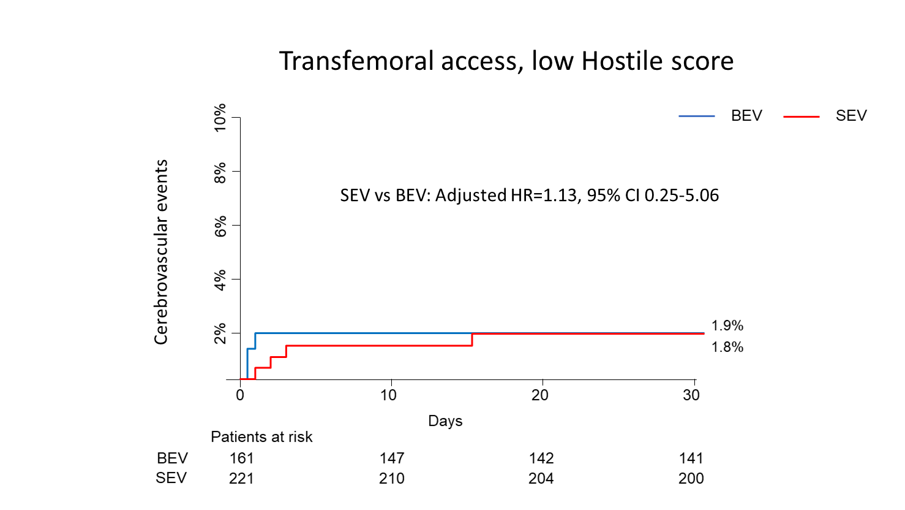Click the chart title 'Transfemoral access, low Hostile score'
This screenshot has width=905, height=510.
(x=506, y=61)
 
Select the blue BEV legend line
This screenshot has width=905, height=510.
(x=696, y=116)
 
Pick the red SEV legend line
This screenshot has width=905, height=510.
(x=801, y=116)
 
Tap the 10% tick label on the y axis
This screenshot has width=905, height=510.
(x=220, y=118)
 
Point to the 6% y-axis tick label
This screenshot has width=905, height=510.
(x=220, y=226)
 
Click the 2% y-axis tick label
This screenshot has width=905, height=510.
(x=220, y=333)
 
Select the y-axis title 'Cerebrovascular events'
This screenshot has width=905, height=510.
(x=161, y=252)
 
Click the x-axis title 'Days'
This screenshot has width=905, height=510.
(x=445, y=421)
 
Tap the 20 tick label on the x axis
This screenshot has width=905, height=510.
(x=539, y=395)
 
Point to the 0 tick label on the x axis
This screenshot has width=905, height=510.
(x=240, y=395)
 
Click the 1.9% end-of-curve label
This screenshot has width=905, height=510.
(x=727, y=326)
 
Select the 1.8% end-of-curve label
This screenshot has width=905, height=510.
(x=727, y=348)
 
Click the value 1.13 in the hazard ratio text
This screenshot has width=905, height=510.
(x=560, y=196)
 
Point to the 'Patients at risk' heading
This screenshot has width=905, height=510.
(x=261, y=437)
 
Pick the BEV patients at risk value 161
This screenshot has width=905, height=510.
(x=241, y=459)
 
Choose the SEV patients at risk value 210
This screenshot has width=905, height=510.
(x=391, y=479)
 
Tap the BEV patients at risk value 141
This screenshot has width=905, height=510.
(x=691, y=459)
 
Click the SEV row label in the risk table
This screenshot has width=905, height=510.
(x=171, y=478)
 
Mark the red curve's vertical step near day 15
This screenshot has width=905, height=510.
(x=472, y=340)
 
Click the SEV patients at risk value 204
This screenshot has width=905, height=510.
(x=541, y=479)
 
